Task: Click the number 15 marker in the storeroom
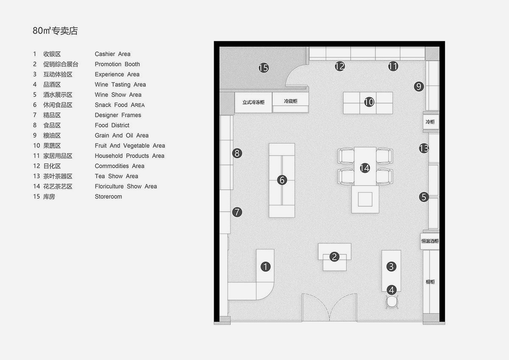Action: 263,67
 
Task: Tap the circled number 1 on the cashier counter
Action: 265,267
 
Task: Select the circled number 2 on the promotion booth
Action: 334,256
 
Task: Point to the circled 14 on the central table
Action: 365,168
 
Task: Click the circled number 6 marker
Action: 282,180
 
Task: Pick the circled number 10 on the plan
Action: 369,102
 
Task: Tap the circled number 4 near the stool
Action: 392,290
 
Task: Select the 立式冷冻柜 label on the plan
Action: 254,102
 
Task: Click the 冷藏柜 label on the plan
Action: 291,101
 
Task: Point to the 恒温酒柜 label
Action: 430,241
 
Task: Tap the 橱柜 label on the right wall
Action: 430,281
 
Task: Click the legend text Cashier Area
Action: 112,54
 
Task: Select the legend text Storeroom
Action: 108,197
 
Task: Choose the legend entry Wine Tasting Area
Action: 120,84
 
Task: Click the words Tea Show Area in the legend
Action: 116,176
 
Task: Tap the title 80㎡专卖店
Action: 55,31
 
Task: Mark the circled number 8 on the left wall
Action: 237,153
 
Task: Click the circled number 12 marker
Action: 339,66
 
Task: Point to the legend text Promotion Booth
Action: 117,64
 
